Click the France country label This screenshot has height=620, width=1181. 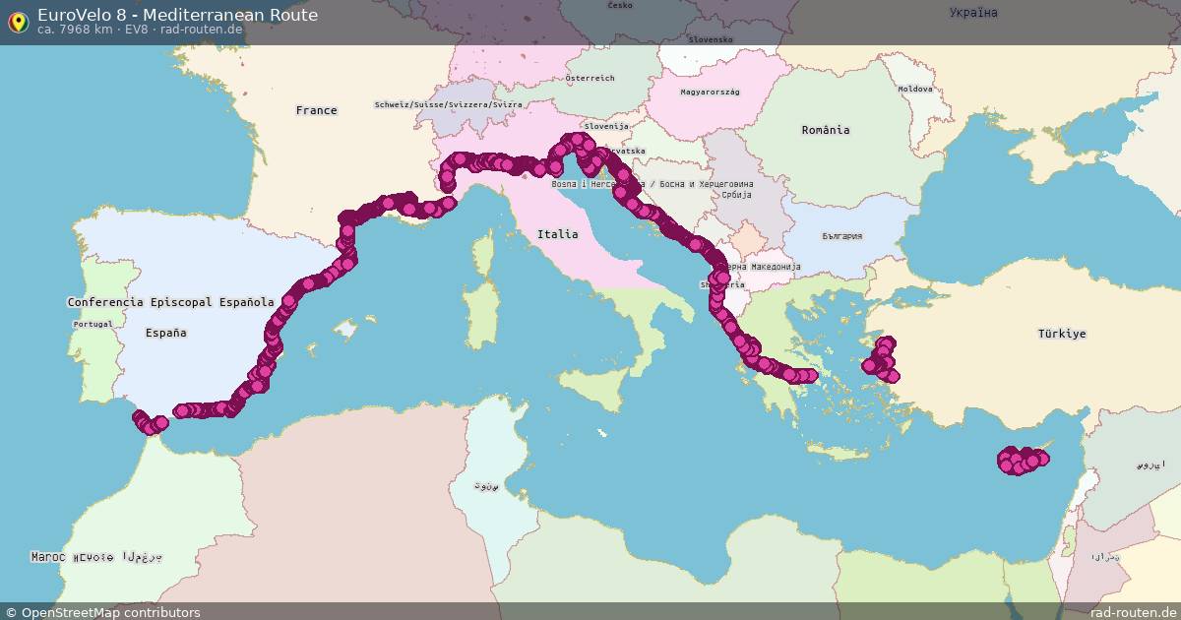(316, 110)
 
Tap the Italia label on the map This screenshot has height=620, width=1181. (557, 234)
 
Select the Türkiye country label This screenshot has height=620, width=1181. (1062, 334)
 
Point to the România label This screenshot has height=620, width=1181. (825, 130)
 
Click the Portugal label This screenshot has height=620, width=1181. (93, 324)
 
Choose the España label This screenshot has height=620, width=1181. (165, 333)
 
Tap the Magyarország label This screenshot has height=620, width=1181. (710, 92)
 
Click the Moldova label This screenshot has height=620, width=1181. (914, 89)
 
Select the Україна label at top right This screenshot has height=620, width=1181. (973, 13)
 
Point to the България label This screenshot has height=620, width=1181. (841, 236)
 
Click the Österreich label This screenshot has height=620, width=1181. (590, 78)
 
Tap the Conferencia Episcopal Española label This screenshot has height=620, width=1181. (170, 302)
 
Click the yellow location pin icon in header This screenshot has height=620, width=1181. (18, 21)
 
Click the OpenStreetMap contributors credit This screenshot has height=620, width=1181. (102, 612)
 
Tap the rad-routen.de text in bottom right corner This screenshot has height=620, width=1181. (1132, 612)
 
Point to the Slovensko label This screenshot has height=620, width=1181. (711, 39)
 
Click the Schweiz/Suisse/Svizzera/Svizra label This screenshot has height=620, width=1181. (448, 104)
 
